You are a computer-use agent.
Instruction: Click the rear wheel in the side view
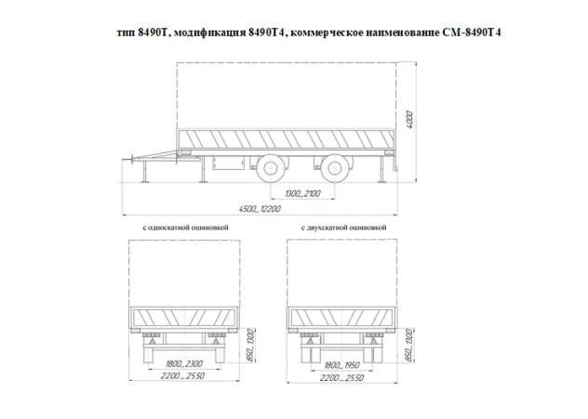(332, 170)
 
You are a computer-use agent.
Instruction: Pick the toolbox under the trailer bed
(225, 164)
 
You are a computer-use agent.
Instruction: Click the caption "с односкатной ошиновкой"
(186, 227)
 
